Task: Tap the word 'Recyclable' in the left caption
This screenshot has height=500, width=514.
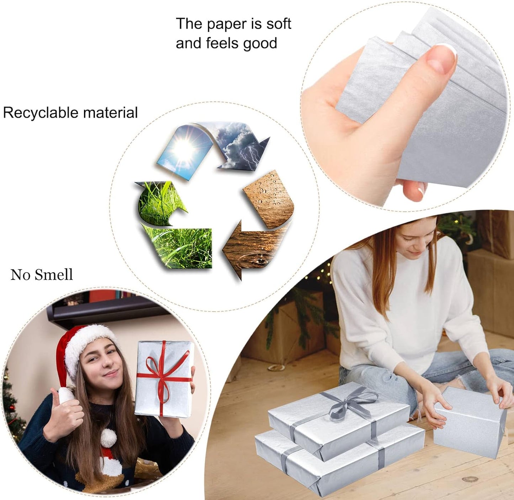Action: tap(41, 113)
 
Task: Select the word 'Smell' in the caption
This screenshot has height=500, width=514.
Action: tap(54, 275)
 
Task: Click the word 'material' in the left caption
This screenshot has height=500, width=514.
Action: tap(110, 112)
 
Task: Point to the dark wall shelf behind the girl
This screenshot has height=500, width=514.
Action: tap(106, 312)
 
